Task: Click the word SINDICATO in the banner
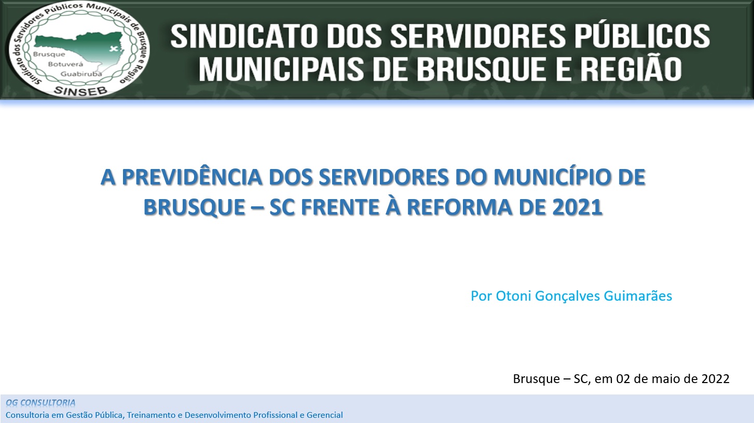tap(244, 36)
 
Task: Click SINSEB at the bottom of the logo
tap(81, 91)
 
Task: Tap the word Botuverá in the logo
tap(65, 64)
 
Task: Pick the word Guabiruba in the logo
tap(81, 74)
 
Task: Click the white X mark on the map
tap(114, 49)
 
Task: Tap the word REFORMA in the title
tap(459, 207)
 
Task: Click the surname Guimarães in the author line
tap(638, 296)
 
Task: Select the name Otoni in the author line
tap(513, 296)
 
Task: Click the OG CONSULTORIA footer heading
tap(40, 402)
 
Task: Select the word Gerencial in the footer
tap(324, 415)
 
